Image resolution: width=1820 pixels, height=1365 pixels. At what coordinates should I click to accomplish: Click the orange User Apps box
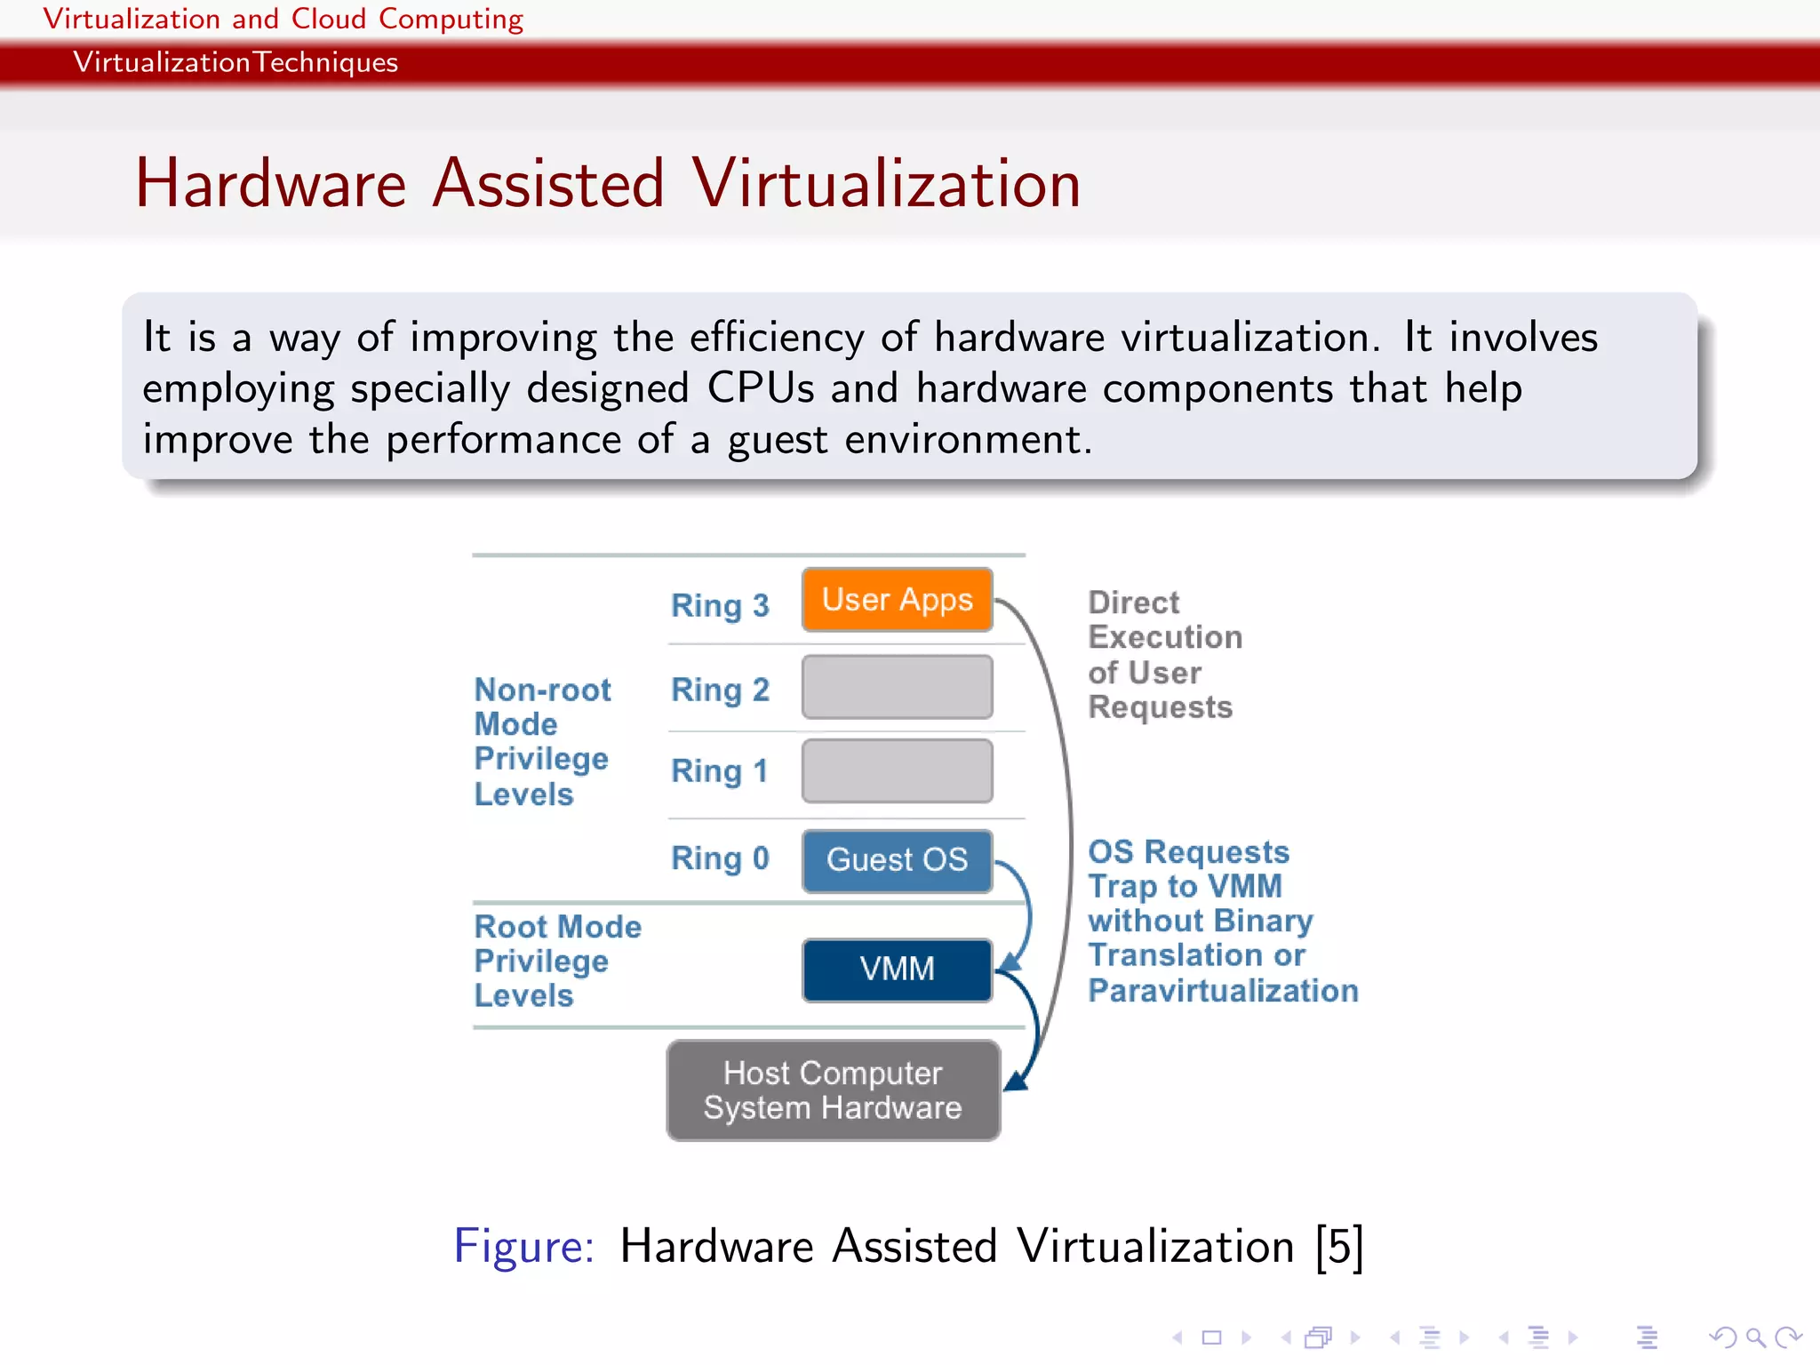897,600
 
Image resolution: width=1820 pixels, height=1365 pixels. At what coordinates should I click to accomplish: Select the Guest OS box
897,860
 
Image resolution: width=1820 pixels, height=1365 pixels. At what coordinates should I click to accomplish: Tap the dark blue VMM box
897,970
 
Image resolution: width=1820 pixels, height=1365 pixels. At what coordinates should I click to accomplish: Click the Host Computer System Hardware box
833,1090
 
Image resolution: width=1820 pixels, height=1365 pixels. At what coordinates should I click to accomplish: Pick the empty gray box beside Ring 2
897,687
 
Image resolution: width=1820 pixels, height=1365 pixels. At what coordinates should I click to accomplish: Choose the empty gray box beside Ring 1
897,770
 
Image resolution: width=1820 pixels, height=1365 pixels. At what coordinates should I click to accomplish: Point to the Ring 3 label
720,605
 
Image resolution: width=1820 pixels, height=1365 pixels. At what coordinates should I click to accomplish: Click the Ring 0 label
720,858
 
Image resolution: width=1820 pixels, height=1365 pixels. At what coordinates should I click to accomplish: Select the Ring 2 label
720,690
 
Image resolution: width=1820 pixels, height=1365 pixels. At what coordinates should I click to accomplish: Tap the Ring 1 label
720,770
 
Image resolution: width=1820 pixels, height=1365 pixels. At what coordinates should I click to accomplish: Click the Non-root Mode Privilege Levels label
542,741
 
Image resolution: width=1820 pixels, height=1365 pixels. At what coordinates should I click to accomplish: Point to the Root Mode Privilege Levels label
557,962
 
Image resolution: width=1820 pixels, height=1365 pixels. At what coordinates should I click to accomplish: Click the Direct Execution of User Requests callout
1164,655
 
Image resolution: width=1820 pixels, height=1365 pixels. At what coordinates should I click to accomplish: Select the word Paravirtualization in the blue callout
1223,991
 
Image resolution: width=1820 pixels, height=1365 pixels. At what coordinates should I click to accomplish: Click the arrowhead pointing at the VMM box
1010,962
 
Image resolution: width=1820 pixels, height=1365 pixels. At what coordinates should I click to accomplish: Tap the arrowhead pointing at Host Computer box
1017,1082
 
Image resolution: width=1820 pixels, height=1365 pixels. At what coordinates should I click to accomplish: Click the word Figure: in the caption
523,1246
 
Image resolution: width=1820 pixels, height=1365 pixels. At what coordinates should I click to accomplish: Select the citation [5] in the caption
1339,1246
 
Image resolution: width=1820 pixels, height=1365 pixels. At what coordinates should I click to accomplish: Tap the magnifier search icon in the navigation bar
1755,1337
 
